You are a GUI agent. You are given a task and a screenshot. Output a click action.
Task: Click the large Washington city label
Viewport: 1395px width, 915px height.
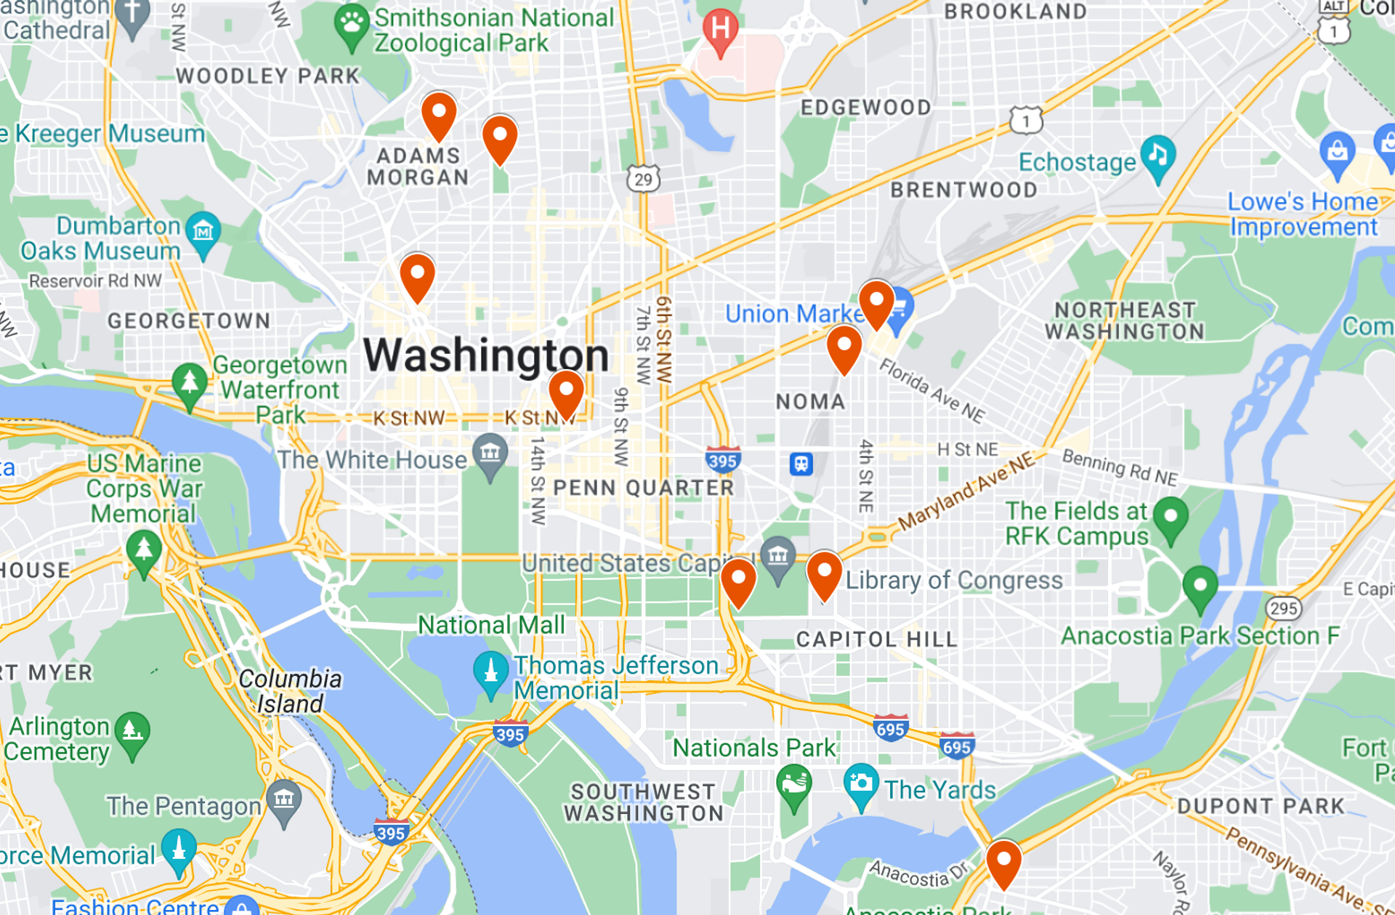pyautogui.click(x=485, y=355)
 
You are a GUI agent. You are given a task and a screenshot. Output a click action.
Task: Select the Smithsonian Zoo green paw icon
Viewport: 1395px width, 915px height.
pyautogui.click(x=352, y=25)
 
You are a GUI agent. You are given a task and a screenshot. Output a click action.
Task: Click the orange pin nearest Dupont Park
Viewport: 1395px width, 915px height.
pyautogui.click(x=1003, y=862)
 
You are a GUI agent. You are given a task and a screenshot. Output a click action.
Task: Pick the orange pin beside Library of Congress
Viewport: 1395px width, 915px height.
pyautogui.click(x=824, y=574)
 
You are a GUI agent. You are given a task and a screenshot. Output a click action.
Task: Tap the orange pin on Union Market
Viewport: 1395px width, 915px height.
pyautogui.click(x=876, y=303)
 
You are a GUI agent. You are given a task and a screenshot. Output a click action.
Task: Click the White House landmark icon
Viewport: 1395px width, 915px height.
pyautogui.click(x=490, y=454)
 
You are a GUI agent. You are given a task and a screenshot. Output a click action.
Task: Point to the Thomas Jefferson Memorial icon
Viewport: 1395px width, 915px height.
pyautogui.click(x=490, y=672)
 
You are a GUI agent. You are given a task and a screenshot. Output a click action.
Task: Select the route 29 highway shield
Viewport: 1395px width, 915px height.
pyautogui.click(x=643, y=179)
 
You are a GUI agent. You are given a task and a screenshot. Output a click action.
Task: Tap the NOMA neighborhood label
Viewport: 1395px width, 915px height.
pyautogui.click(x=810, y=402)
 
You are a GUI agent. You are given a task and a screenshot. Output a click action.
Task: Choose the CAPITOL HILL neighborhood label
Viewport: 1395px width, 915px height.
pyautogui.click(x=876, y=640)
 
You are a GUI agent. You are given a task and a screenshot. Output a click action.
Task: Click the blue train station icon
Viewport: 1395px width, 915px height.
pyautogui.click(x=801, y=464)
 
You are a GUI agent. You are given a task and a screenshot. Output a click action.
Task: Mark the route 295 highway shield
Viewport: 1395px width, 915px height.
pyautogui.click(x=1283, y=608)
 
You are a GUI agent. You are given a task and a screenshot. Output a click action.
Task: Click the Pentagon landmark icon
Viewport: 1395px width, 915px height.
pyautogui.click(x=283, y=800)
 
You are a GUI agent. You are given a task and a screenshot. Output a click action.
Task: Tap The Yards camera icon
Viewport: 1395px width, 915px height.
pyautogui.click(x=860, y=783)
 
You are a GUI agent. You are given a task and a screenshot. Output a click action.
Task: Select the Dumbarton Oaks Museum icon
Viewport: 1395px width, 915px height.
pyautogui.click(x=203, y=232)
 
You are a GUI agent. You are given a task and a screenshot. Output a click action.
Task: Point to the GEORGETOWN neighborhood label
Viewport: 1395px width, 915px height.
pyautogui.click(x=189, y=321)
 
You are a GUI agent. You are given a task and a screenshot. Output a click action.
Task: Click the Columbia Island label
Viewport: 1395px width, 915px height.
pyautogui.click(x=290, y=691)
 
